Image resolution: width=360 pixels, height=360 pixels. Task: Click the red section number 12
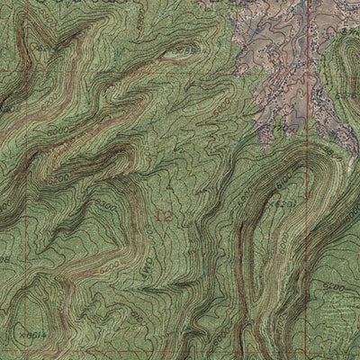(162, 217)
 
